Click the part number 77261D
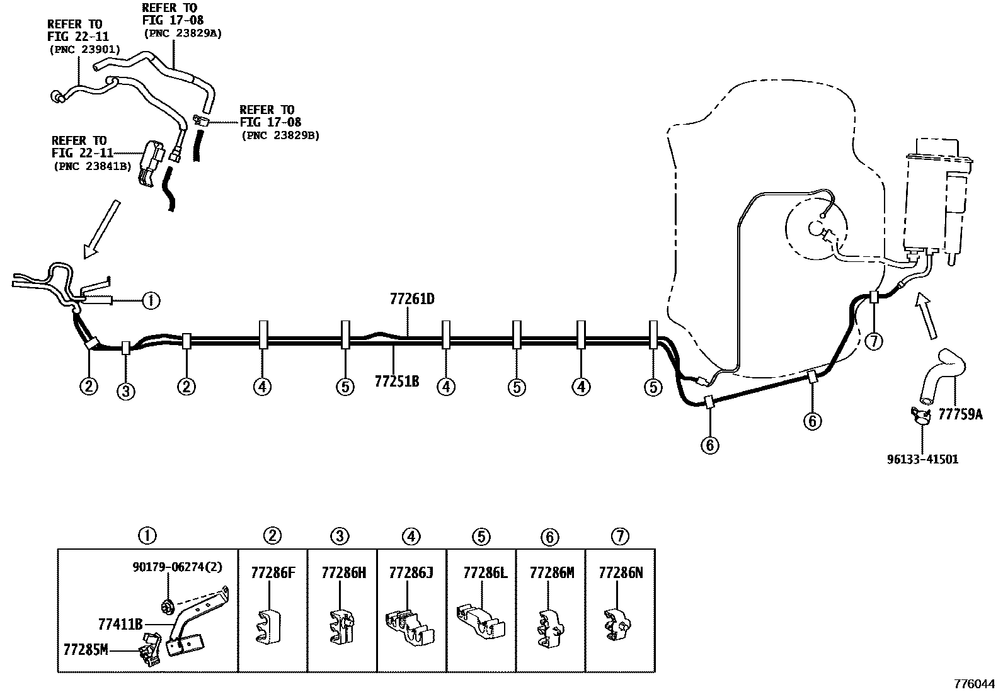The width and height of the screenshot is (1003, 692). coord(412,299)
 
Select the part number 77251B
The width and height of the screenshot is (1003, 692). coord(397,381)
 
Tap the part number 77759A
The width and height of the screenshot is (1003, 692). coord(960,414)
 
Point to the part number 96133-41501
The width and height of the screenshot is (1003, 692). coord(923,459)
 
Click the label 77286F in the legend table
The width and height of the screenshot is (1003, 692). coord(273,572)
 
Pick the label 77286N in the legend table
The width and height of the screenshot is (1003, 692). coord(621,572)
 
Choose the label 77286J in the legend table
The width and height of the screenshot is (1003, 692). coord(411,572)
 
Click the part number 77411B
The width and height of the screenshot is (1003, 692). coord(120,623)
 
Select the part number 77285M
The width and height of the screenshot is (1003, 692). coord(86,649)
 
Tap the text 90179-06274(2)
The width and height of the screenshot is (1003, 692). coord(177,567)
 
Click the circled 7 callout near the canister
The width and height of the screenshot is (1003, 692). coord(874,341)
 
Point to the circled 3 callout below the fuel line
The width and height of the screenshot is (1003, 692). coord(126,392)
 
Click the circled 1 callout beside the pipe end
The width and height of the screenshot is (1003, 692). coord(151,300)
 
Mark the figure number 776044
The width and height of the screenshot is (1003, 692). coord(975,684)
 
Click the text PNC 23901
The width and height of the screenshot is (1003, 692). coord(85,50)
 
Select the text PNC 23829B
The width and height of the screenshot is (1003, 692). coord(281,135)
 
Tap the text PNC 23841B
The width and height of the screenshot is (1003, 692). coord(93,166)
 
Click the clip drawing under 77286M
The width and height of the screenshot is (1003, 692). coord(550,628)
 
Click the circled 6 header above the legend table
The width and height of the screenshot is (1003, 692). coord(550,536)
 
